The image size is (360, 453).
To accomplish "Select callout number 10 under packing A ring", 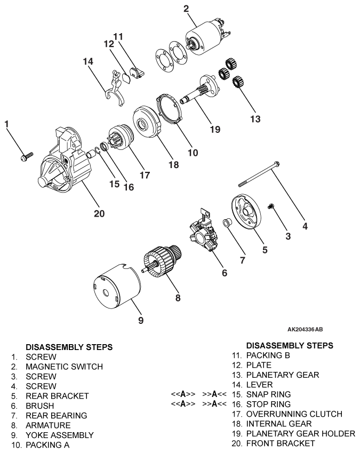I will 193,153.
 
